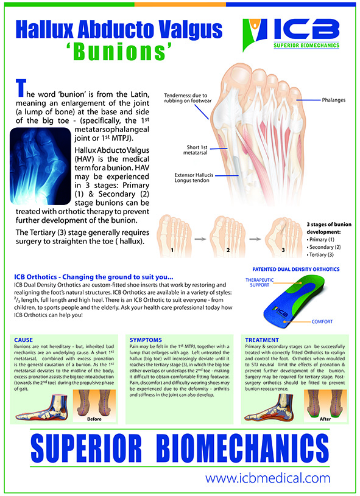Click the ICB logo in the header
(x=291, y=34)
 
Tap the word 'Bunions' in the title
(x=119, y=52)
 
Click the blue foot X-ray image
(x=40, y=166)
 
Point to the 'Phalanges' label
(x=333, y=100)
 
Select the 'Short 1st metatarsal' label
(x=197, y=150)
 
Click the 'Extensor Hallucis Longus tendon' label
(x=194, y=178)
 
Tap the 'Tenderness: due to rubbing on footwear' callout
(x=188, y=98)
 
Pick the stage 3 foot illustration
(x=284, y=236)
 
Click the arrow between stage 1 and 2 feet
(x=200, y=239)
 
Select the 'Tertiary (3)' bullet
(x=320, y=254)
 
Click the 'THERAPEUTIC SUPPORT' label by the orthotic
(x=259, y=282)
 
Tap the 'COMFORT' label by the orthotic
(x=322, y=321)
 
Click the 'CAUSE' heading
(x=23, y=340)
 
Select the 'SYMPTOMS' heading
(x=146, y=340)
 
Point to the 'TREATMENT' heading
(x=262, y=340)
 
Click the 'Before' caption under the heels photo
(x=94, y=419)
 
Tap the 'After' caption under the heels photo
(x=325, y=419)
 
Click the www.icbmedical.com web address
(x=267, y=478)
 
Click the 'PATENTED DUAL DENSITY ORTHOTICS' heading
(x=295, y=269)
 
